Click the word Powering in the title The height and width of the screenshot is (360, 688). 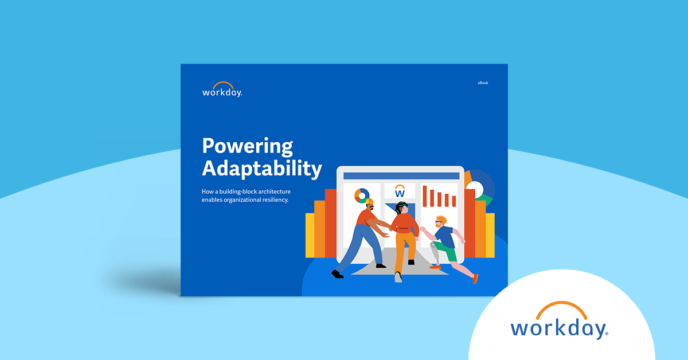coord(247,147)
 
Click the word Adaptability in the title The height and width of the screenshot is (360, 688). coord(261,169)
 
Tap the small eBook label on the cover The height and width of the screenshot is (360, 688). coord(483,83)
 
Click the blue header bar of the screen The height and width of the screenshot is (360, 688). coord(400,175)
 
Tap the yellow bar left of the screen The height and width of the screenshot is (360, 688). coord(310,235)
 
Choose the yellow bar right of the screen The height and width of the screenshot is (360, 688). coord(490,235)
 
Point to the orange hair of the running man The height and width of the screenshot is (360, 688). coord(440,220)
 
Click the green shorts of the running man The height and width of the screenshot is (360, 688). coord(449,253)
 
